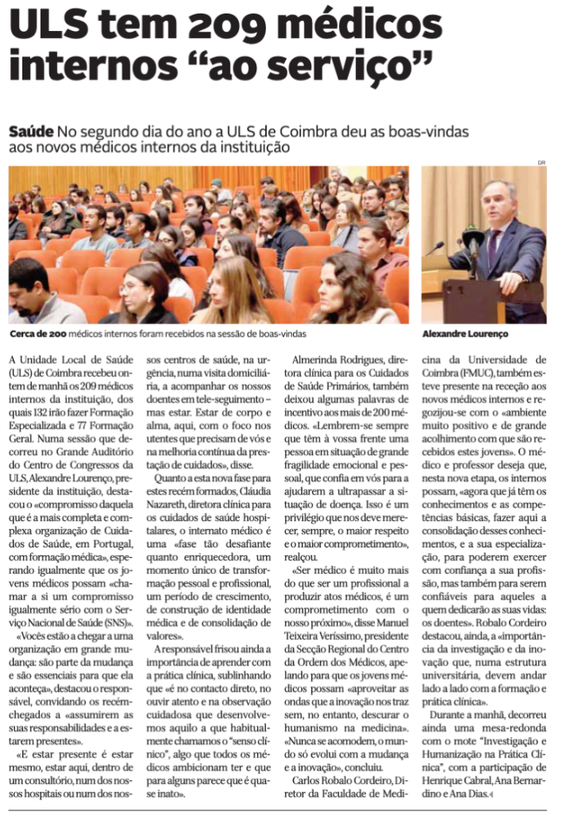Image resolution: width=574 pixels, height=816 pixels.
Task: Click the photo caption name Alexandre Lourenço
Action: [465, 333]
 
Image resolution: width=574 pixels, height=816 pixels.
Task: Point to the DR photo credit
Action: [541, 163]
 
